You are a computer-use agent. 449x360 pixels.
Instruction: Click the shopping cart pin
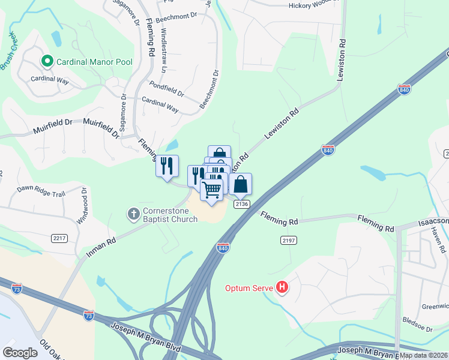click(211, 190)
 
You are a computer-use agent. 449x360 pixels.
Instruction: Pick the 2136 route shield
click(242, 204)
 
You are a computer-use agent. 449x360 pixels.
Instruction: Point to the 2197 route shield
click(289, 240)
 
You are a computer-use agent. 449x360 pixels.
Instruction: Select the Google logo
click(20, 352)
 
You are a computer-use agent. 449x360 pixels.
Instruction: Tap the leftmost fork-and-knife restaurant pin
click(167, 166)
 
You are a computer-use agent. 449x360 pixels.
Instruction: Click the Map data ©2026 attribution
click(423, 355)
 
